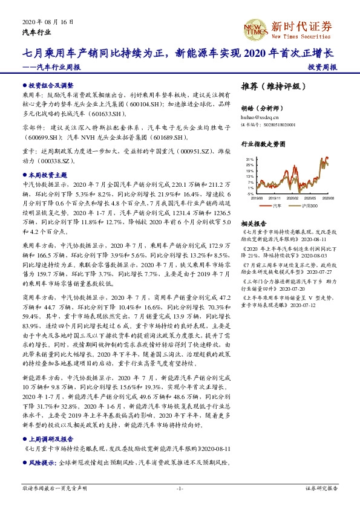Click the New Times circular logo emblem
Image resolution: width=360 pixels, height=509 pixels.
254,27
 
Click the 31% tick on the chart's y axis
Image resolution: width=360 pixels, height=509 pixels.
249,158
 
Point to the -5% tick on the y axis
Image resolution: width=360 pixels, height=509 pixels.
249,194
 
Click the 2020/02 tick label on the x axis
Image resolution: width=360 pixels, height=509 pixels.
292,198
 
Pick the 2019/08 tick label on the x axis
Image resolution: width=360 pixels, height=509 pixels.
257,198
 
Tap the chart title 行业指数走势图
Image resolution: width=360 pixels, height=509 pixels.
262,145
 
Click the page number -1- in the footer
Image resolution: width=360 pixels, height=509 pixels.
180,487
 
